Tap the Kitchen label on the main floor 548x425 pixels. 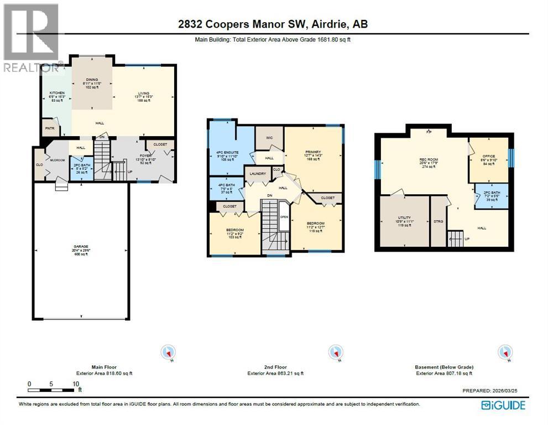pos(57,92)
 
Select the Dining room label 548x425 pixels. pos(92,79)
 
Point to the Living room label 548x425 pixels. pos(143,93)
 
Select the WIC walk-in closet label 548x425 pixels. pos(270,137)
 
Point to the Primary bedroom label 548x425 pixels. pos(313,152)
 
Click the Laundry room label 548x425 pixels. pos(258,173)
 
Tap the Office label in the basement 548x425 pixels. pos(488,156)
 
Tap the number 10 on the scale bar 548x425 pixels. pos(75,383)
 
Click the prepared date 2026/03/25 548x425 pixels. pos(509,391)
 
